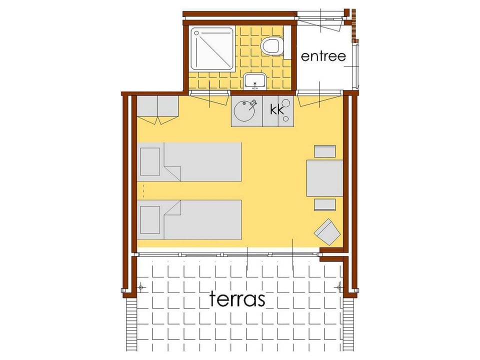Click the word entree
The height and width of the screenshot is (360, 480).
(x=323, y=56)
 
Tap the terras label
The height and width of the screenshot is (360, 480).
(x=237, y=298)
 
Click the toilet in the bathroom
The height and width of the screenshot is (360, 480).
(x=272, y=46)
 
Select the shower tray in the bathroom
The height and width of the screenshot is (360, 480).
(x=212, y=48)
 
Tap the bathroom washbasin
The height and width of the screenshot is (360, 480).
(x=254, y=81)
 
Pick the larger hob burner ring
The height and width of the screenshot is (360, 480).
(x=286, y=102)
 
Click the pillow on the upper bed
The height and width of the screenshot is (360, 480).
(x=150, y=161)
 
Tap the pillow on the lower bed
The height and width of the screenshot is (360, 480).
(x=150, y=220)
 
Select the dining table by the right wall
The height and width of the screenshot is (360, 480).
(x=325, y=178)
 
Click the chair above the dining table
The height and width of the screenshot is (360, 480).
(x=325, y=151)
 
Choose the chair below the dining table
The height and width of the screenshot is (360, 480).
(x=325, y=205)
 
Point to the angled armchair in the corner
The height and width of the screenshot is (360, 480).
(x=327, y=231)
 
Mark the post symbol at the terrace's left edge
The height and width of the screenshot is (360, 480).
(x=141, y=287)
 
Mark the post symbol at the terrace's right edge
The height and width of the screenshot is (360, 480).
(x=339, y=287)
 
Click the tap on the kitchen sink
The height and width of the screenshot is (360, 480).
(x=252, y=103)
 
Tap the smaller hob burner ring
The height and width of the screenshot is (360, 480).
(x=286, y=119)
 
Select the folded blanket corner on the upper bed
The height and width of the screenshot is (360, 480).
(x=172, y=173)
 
